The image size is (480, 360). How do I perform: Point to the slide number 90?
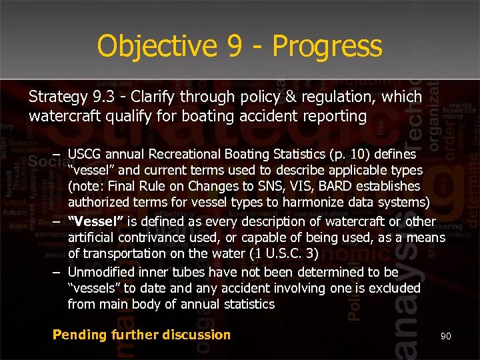pos(445,337)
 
